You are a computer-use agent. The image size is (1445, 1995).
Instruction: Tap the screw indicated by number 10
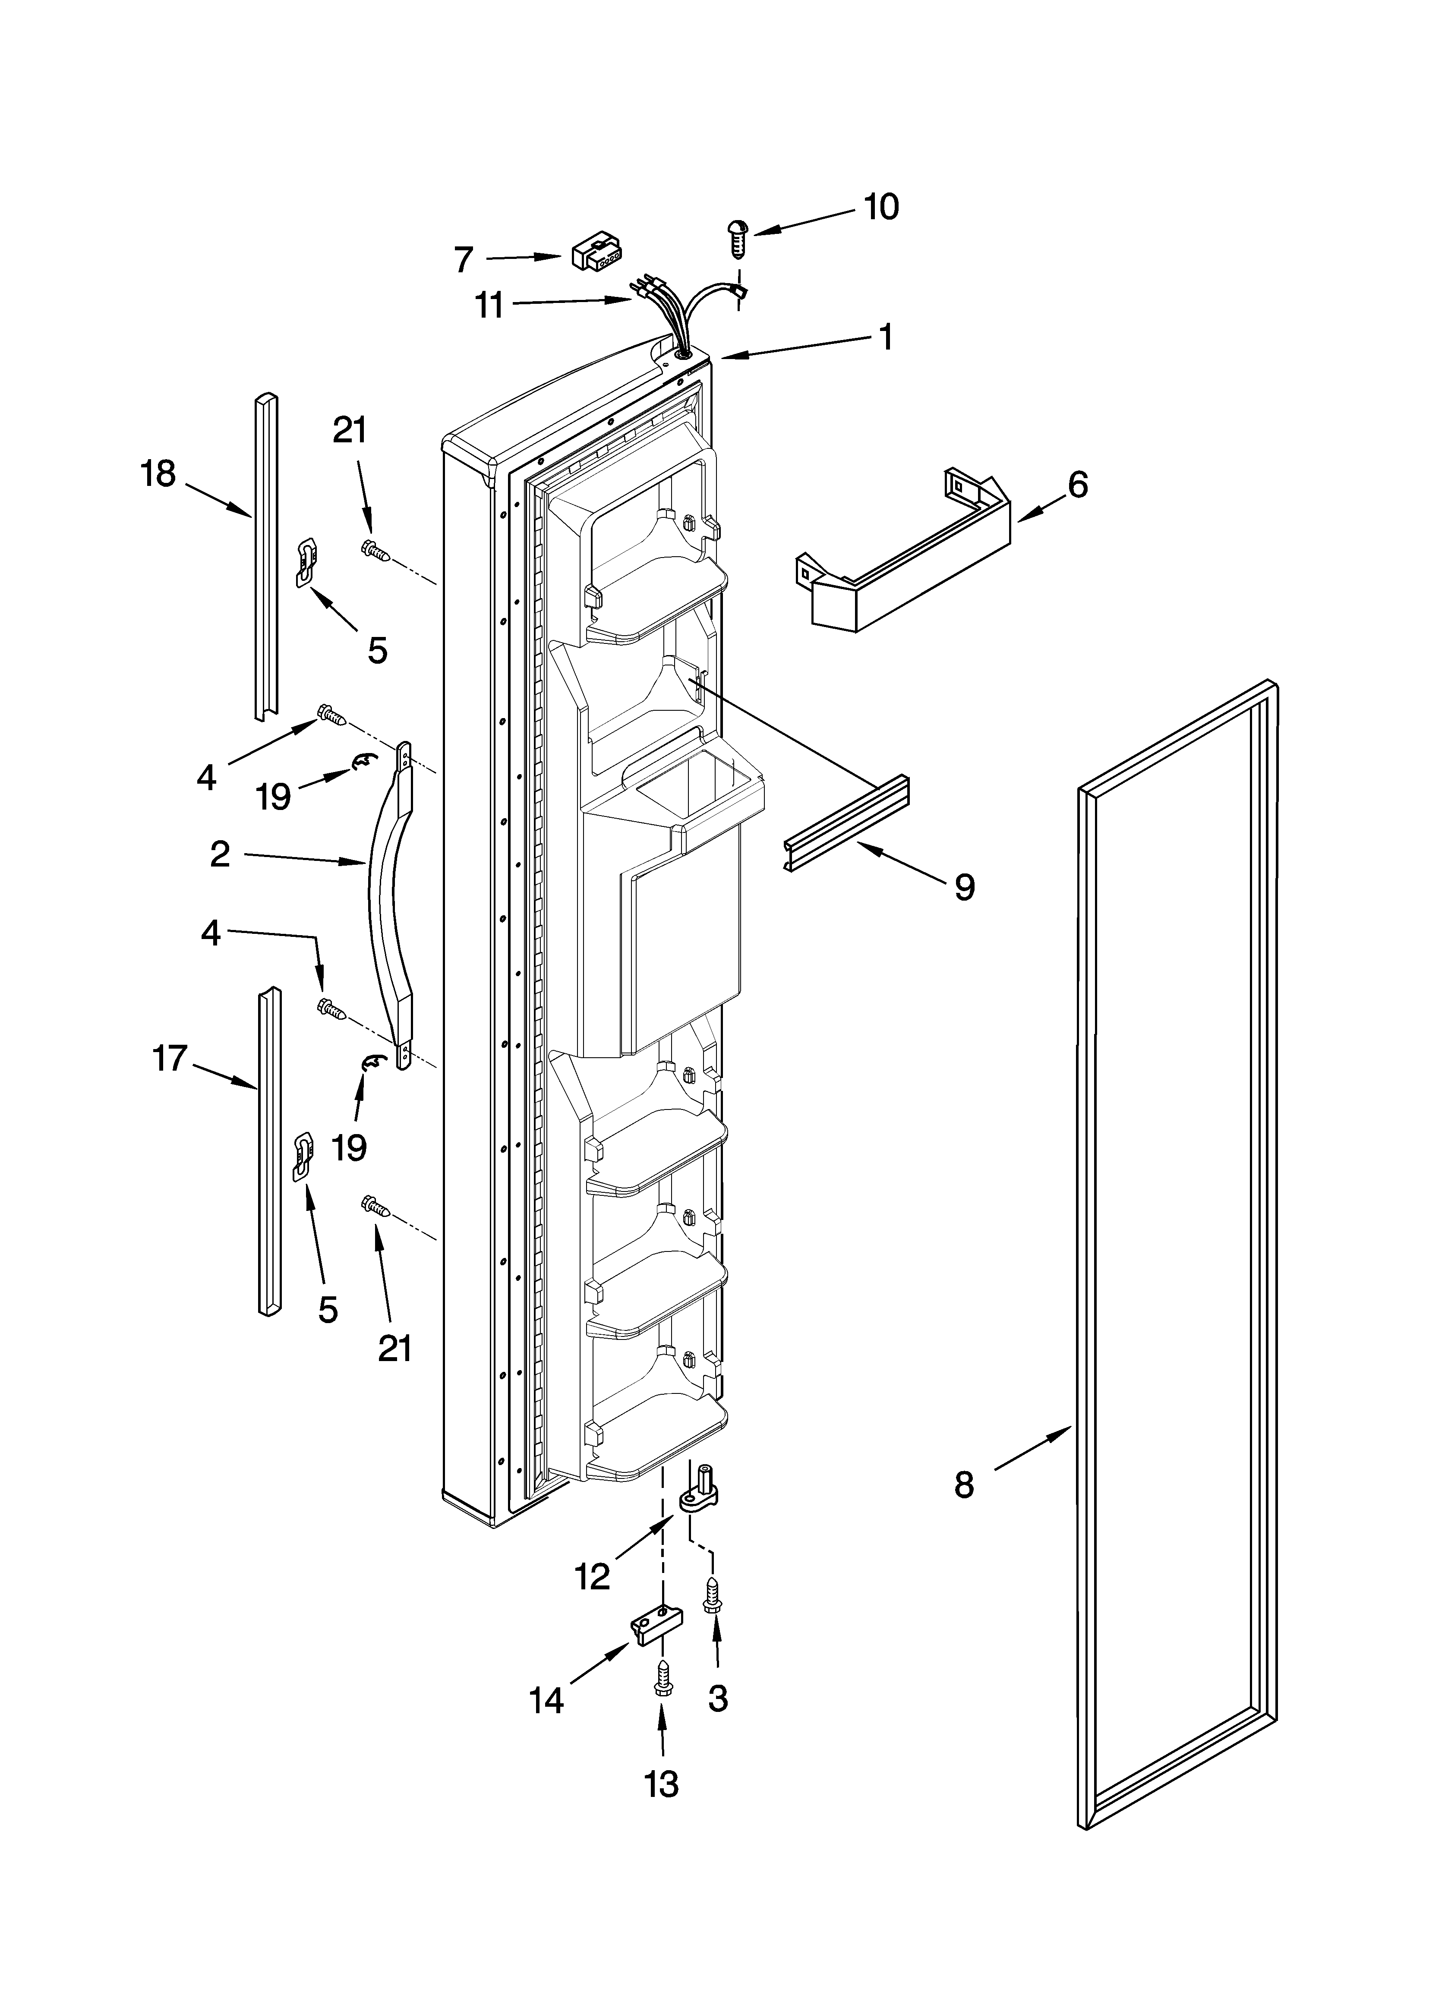point(737,236)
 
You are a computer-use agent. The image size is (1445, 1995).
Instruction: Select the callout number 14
point(546,1700)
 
